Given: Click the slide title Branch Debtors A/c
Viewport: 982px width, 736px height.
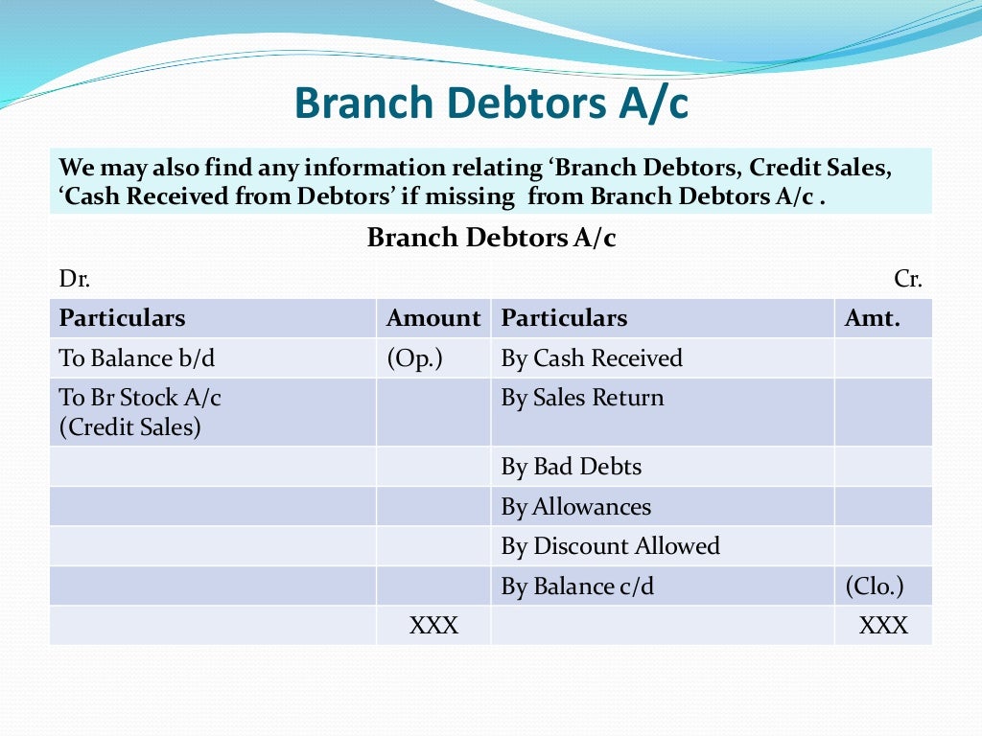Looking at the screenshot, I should tap(490, 103).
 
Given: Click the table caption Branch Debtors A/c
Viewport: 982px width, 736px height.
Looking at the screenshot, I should tap(491, 238).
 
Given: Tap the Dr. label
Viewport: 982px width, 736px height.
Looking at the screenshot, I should tap(75, 279).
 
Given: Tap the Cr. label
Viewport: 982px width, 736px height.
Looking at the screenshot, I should tap(907, 279).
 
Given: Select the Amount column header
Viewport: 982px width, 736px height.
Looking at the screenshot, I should tap(433, 318).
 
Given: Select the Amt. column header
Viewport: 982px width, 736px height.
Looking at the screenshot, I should tap(872, 318).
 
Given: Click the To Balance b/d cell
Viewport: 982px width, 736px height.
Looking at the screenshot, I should tap(137, 358).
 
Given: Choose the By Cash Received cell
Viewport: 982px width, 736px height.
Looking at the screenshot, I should tap(592, 358).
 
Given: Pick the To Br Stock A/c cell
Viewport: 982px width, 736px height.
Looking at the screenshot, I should tap(140, 398).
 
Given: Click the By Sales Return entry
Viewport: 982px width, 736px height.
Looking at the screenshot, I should tap(582, 398).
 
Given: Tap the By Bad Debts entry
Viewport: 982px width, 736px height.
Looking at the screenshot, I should tap(572, 467).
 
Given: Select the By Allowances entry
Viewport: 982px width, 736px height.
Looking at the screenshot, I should tap(575, 507).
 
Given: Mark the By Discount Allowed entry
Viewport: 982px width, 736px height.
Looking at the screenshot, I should tap(610, 546).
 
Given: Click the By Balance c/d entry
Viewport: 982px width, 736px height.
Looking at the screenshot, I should tap(577, 586).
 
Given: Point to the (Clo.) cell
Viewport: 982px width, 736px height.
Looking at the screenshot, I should tap(874, 586).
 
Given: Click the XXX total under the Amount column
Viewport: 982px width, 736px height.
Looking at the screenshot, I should tap(433, 626).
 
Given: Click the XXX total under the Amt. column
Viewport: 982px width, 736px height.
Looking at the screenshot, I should tap(883, 626).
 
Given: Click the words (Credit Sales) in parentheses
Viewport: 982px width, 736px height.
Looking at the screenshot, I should tap(130, 426).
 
